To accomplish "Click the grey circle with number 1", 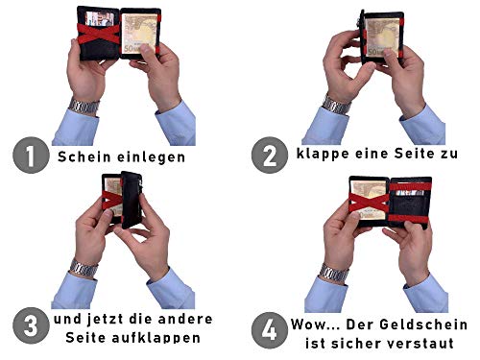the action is coord(31,156).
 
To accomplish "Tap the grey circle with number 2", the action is coord(270,156).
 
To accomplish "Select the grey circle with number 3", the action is coord(31,325).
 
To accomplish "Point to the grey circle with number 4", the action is coord(270,330).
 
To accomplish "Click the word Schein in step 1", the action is coord(84,156).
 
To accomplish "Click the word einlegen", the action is coord(151,157).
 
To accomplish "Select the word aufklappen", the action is coord(156,338).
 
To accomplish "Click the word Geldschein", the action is coord(423,324).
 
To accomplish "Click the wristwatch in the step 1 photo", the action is coord(84,107).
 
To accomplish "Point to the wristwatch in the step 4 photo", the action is coord(334,274).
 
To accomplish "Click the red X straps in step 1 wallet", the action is coord(99,34).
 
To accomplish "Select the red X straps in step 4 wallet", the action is coord(369,203).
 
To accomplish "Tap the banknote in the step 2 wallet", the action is coord(383,37).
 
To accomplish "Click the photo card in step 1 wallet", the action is coord(100,18).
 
